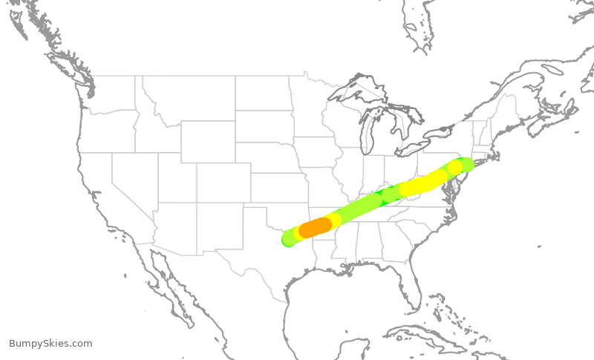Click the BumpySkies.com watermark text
tap(50, 344)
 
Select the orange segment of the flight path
tap(316, 226)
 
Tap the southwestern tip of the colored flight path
tap(288, 239)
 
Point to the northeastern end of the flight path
tap(466, 164)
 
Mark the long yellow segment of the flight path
tap(422, 183)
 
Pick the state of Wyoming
tap(208, 141)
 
